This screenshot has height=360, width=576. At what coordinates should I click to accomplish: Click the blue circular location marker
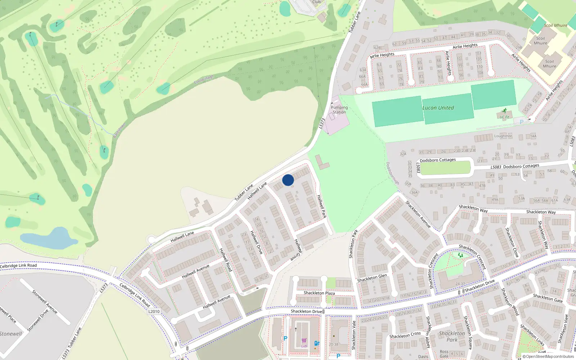pos(288,180)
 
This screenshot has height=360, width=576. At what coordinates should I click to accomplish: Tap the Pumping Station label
pos(339,110)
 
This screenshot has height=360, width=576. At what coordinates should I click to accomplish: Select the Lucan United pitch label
pos(438,108)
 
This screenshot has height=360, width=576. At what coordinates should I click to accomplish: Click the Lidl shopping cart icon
pos(304,341)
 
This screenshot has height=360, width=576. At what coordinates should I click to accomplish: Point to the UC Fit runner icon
pos(505,111)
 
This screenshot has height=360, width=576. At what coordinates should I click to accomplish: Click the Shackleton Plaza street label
pos(319,293)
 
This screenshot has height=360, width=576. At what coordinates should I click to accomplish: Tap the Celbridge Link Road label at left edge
pos(19,266)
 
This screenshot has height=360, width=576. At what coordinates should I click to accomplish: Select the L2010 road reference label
pos(154,311)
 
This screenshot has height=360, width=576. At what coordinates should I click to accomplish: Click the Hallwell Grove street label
pos(296,249)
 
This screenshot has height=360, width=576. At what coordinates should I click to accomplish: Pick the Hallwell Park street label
pos(321,206)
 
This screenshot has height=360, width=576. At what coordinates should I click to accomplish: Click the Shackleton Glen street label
pos(372,278)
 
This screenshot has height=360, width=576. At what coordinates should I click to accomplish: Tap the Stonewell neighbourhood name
pos(11,334)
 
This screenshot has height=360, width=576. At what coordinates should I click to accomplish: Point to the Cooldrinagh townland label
pos(204,80)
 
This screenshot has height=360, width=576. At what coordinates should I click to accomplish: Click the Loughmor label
pos(503,136)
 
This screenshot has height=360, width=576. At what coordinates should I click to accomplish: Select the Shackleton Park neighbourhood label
pos(452,336)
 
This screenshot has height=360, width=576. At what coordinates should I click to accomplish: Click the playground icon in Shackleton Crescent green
pos(460,255)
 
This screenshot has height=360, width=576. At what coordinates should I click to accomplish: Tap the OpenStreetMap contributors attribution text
pos(548,356)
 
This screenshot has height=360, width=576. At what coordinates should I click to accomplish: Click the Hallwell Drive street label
pos(256,242)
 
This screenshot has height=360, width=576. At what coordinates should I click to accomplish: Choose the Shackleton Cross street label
pos(405,335)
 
